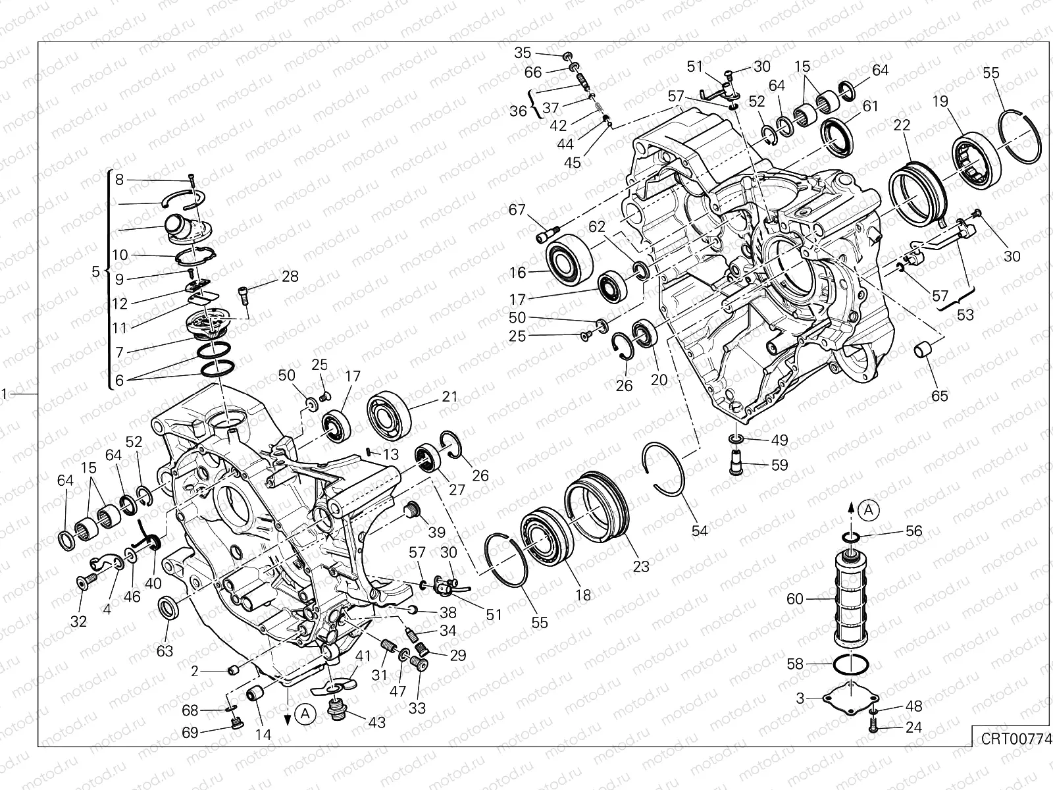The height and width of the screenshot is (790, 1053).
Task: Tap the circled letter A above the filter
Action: pos(869,509)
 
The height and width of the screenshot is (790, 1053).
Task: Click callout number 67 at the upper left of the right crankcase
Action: pos(517,210)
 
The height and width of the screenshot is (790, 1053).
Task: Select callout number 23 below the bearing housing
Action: pos(641,566)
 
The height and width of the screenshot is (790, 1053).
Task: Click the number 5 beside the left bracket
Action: pos(95,271)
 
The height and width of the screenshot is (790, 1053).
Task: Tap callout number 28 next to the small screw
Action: pos(290,276)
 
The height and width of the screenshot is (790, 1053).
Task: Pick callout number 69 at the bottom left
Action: pos(190,733)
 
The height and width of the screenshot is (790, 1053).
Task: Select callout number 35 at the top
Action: pos(523,53)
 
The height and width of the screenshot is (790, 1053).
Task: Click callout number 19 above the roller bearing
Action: pos(940,101)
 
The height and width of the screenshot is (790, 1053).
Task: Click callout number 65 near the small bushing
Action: pos(940,396)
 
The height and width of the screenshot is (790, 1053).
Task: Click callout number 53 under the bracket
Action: pos(965,315)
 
